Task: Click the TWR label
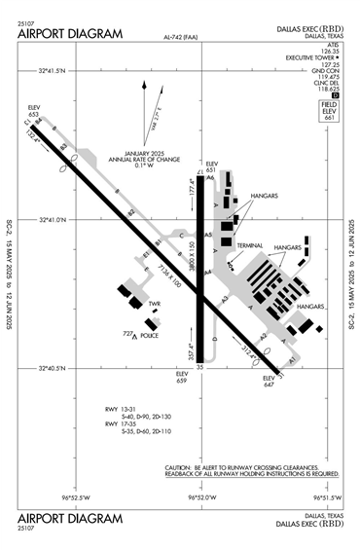pyautogui.click(x=154, y=304)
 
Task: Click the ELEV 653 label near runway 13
pyautogui.click(x=35, y=111)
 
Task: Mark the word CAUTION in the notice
pyautogui.click(x=181, y=467)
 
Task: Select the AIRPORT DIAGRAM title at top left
pyautogui.click(x=70, y=33)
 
